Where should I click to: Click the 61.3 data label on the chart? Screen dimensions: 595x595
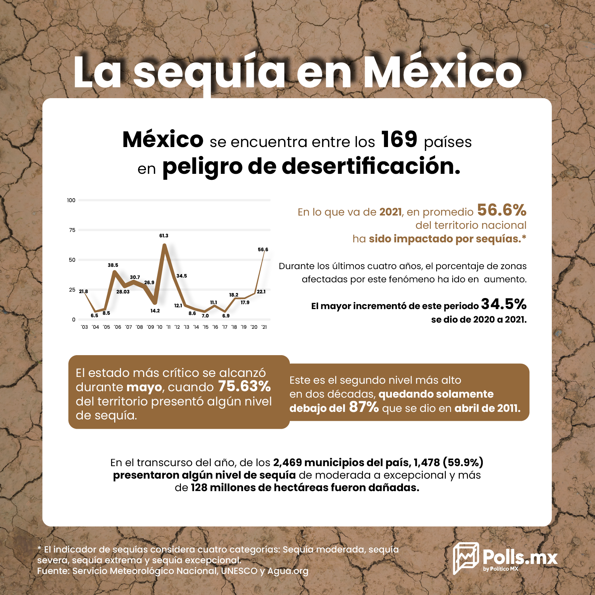coord(164,236)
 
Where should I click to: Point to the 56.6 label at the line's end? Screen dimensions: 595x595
coord(263,249)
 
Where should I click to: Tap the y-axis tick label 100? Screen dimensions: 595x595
coord(71,200)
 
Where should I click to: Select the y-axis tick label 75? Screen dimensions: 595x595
coord(72,230)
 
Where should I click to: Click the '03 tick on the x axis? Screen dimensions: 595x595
coord(84,327)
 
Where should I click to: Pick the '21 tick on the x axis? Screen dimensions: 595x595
coord(264,327)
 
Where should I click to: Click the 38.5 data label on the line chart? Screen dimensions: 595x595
coord(113,265)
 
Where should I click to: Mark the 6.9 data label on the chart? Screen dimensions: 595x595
coord(226,316)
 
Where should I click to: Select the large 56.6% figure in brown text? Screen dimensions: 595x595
coord(502,210)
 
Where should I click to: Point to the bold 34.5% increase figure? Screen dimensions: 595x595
coord(504,304)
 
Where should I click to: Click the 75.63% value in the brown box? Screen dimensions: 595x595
coord(244,387)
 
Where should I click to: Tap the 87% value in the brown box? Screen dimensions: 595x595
coord(364,407)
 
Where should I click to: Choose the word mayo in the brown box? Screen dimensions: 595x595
coord(144,388)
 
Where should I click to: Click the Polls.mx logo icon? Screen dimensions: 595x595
coord(466,558)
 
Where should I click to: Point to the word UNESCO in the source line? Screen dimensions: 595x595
coord(239,571)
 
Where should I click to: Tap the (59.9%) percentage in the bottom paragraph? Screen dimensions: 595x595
coord(463,463)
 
